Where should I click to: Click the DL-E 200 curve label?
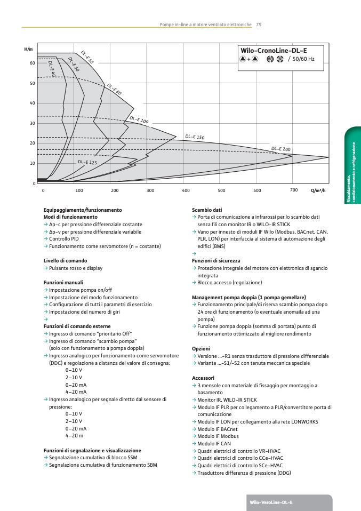280,149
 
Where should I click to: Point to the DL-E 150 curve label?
195,137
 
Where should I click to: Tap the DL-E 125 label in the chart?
87,162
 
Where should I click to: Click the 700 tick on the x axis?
293,190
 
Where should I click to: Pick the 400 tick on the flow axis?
186,190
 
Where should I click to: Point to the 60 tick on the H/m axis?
32,63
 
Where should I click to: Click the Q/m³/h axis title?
318,190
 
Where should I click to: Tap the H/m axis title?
28,49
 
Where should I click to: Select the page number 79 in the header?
259,24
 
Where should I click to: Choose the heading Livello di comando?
65,261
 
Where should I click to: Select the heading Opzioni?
201,348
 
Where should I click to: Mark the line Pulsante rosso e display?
75,268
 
